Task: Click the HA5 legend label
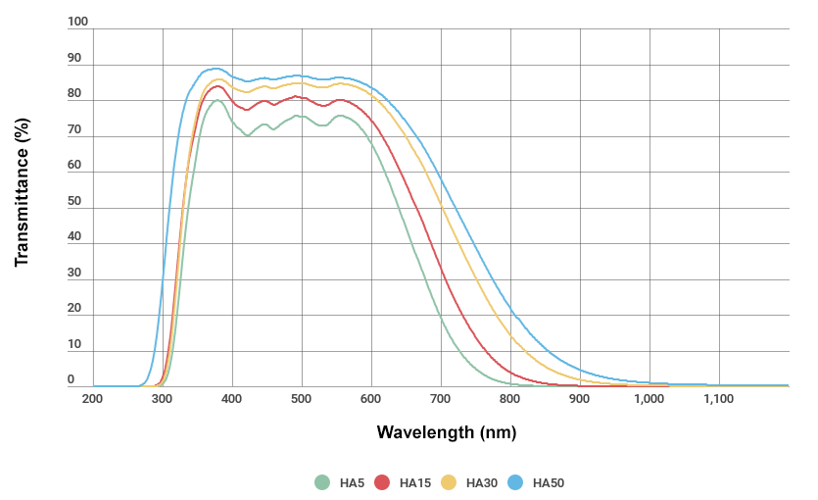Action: pyautogui.click(x=353, y=482)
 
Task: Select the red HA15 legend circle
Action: pyautogui.click(x=383, y=482)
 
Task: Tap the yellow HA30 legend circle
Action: pyautogui.click(x=450, y=482)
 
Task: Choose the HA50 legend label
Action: pyautogui.click(x=549, y=482)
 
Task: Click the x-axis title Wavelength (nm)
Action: pyautogui.click(x=446, y=432)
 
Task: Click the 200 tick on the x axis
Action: pyautogui.click(x=93, y=399)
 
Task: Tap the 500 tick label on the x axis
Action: pyautogui.click(x=302, y=399)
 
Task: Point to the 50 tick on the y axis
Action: pyautogui.click(x=74, y=201)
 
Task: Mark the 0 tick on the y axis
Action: pyautogui.click(x=71, y=379)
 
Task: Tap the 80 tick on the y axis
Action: pyautogui.click(x=74, y=94)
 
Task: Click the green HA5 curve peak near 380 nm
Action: pyautogui.click(x=217, y=100)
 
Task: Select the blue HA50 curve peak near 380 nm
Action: pyautogui.click(x=216, y=69)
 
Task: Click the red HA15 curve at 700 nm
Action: pyautogui.click(x=441, y=269)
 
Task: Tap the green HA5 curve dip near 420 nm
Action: pyautogui.click(x=247, y=135)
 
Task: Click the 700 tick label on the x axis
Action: pyautogui.click(x=441, y=399)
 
